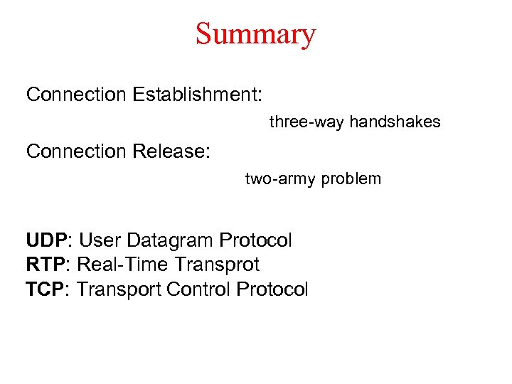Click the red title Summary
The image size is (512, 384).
click(255, 33)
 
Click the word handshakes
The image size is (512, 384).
click(395, 122)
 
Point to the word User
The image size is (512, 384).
click(102, 240)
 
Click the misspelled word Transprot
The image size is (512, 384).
click(217, 265)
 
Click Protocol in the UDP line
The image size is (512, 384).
click(256, 240)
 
